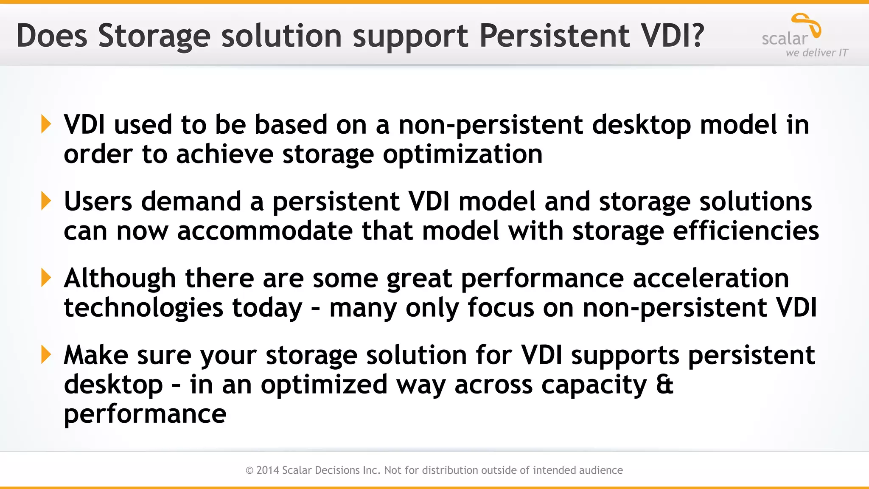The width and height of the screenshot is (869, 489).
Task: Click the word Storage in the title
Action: tap(154, 36)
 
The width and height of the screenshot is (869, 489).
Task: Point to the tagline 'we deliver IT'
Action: tap(816, 53)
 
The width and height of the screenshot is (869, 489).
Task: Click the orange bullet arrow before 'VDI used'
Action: tap(46, 124)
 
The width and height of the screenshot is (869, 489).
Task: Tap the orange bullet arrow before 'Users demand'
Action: tap(46, 201)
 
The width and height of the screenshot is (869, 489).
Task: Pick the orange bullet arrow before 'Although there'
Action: tap(46, 278)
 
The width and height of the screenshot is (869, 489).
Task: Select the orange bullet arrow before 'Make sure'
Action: tap(46, 354)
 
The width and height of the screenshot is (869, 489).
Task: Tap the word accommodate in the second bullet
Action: tap(264, 231)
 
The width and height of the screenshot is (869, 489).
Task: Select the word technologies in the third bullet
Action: tap(143, 308)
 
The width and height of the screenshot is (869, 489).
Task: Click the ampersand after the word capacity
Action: tap(664, 384)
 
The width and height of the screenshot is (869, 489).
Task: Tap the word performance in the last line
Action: tap(145, 414)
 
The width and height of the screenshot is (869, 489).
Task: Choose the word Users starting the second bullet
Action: tap(98, 201)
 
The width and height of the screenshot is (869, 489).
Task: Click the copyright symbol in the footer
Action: tap(249, 470)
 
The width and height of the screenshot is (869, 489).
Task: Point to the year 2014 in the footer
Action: tap(268, 470)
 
